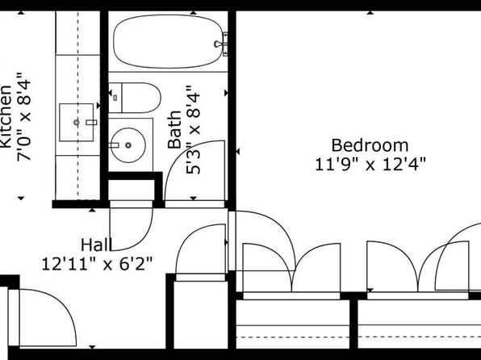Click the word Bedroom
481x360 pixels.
(x=370, y=145)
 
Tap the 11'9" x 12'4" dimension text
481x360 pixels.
(x=370, y=165)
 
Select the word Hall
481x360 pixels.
(x=96, y=245)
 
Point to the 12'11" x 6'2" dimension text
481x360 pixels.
(x=97, y=264)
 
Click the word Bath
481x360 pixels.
(x=175, y=130)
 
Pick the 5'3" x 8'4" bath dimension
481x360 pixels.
(x=194, y=130)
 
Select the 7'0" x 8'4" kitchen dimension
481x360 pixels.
(x=24, y=116)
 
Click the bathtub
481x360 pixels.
(x=168, y=41)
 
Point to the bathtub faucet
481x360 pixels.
(x=222, y=44)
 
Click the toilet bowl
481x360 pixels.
(x=141, y=98)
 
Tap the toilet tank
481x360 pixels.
(x=115, y=98)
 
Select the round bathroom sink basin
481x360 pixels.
(x=128, y=145)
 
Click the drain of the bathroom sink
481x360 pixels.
(x=128, y=145)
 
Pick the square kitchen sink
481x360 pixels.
(x=77, y=123)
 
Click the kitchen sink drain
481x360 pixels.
(x=77, y=123)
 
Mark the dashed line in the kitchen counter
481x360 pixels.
(x=77, y=105)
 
